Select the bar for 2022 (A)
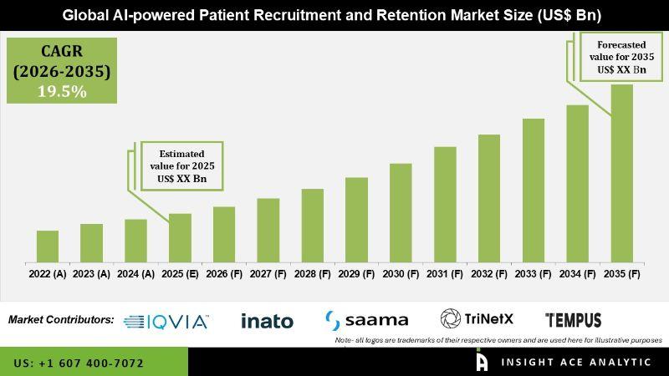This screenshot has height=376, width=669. tap(48, 246)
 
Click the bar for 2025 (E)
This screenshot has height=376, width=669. tap(180, 237)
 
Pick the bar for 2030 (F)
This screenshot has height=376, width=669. tap(401, 212)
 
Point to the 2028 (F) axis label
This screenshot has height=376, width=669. tap(312, 273)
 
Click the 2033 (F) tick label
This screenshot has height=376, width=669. tap(534, 273)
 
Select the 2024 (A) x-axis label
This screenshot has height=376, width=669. tap(135, 273)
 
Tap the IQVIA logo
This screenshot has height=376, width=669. tap(166, 321)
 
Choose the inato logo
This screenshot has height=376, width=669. tap(267, 321)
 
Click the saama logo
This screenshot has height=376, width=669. tap(366, 320)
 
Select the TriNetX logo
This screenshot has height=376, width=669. tap(477, 319)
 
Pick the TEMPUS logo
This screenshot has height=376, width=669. tap(573, 320)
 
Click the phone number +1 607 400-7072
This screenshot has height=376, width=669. tap(79, 363)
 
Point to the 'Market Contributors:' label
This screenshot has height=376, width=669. tap(61, 319)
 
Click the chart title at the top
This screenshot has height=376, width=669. tap(334, 15)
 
